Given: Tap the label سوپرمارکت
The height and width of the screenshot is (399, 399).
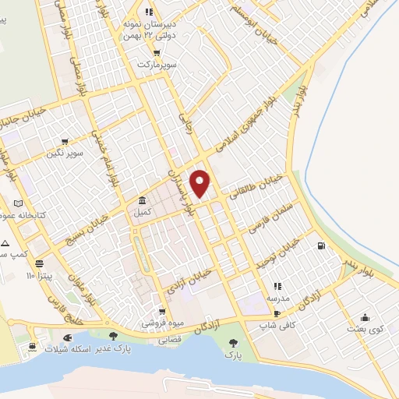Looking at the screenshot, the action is point(156,65).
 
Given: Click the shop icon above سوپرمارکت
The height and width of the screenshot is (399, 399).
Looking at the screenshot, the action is point(157,53).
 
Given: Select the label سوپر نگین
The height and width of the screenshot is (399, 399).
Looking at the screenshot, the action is point(65,154).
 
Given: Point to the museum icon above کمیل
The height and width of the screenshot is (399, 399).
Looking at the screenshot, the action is point(142,200).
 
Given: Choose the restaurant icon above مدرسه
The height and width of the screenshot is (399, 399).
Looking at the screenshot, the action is point(277,286).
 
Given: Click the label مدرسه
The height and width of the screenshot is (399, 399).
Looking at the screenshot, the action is point(277,298).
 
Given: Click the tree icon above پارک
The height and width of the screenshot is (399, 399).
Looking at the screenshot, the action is point(231,343).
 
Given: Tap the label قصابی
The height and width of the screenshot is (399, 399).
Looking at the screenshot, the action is point(170,341).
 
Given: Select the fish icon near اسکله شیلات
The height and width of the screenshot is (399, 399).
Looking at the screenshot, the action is point(69,337).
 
